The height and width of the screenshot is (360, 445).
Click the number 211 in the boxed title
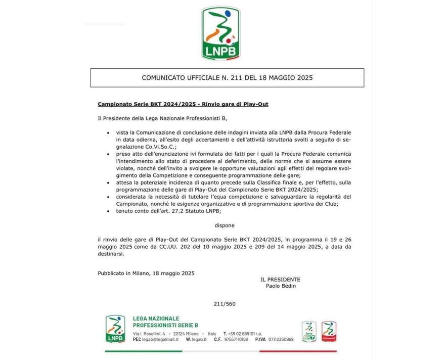[x=226, y=78]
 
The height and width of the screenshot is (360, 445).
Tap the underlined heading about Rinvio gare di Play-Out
[x=183, y=104]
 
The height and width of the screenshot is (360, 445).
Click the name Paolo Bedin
[x=280, y=286]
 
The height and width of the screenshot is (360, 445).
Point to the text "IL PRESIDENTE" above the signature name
[x=280, y=279]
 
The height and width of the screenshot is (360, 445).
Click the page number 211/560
[x=223, y=303]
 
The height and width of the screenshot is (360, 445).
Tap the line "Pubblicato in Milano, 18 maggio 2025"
[x=146, y=273]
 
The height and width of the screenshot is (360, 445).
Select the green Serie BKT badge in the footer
[x=309, y=332]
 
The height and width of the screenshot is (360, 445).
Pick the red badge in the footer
[x=329, y=332]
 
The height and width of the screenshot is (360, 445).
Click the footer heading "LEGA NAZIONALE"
[x=156, y=319]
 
